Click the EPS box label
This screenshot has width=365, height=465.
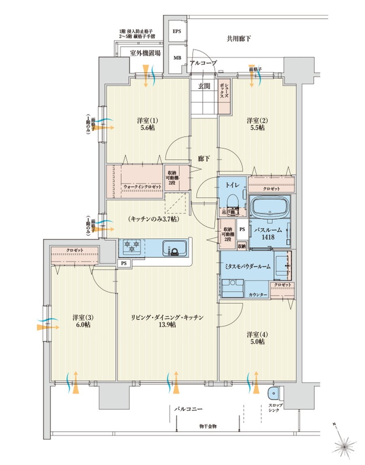point(177,32)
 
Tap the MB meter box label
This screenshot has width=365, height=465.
point(177,58)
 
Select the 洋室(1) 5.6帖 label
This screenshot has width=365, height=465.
point(148,124)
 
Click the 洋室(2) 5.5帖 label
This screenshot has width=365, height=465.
point(256,124)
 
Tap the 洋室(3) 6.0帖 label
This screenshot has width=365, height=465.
point(82,321)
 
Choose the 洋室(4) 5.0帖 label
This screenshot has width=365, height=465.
point(256,338)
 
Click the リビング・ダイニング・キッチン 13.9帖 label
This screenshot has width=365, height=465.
point(167,321)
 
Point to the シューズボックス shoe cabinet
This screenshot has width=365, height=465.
point(225,96)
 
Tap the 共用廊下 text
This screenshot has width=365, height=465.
point(238,39)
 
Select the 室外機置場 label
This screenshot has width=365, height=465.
point(145,53)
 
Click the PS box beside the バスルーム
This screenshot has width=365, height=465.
point(242,229)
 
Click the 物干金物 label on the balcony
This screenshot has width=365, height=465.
point(208,426)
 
